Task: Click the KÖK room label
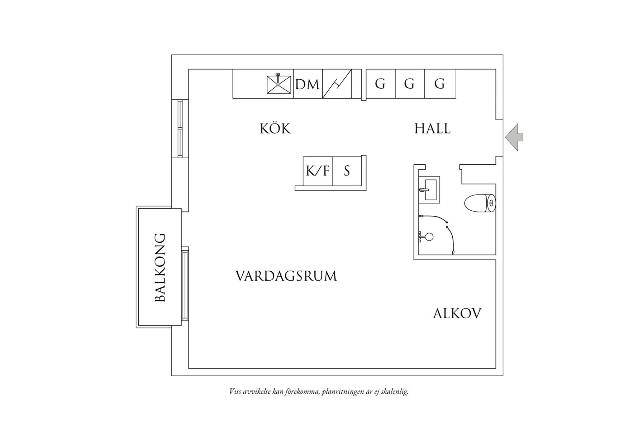tap(275, 128)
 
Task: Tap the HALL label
tap(432, 128)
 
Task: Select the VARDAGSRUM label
tap(286, 276)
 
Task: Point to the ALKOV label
tap(457, 314)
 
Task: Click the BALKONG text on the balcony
tap(160, 267)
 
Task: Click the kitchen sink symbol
tap(278, 84)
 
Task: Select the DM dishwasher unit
tap(308, 84)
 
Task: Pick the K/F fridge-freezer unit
tap(318, 171)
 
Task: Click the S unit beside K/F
tap(347, 171)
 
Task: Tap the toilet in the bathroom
tap(480, 203)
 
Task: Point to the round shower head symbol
tap(429, 237)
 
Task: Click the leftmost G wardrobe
tap(380, 84)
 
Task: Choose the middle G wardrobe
tap(409, 84)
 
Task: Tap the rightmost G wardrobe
tap(440, 84)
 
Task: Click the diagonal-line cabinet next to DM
tap(337, 84)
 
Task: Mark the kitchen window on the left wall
tap(180, 128)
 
